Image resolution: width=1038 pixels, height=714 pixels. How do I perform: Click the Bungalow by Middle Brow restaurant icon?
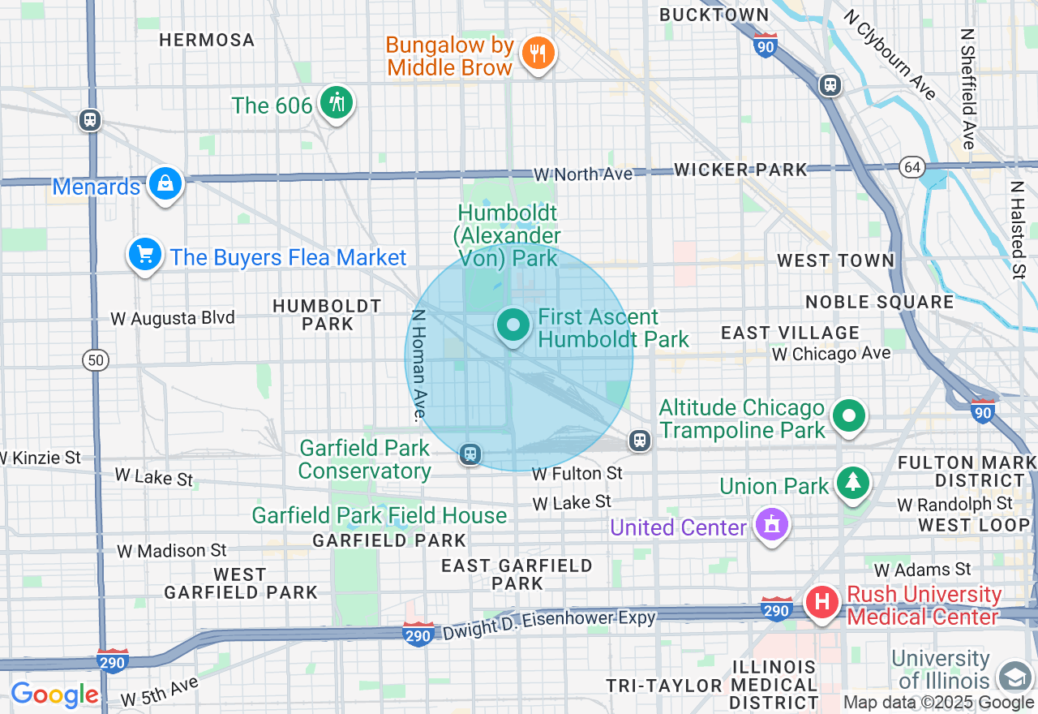pos(537,54)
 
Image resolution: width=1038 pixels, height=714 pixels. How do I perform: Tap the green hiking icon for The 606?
pos(336,103)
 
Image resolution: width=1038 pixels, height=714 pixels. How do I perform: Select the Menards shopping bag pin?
pos(165,184)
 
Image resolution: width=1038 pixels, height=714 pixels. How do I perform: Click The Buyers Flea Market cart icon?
pos(145,255)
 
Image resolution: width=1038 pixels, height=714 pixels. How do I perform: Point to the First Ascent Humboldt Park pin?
pos(513,326)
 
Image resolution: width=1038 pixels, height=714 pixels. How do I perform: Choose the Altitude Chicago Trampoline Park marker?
pos(849,417)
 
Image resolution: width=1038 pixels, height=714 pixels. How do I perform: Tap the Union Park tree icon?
pos(852,484)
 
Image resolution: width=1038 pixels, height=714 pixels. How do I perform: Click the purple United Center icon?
pos(772,526)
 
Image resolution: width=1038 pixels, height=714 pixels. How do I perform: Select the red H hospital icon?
pos(822,603)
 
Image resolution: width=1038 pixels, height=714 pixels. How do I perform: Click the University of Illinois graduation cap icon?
pos(1014,677)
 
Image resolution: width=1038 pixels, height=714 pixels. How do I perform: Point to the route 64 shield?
pos(912,167)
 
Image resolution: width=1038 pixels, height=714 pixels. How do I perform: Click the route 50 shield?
pos(96,359)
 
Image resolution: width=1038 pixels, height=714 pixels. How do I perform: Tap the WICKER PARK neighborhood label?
pos(740,170)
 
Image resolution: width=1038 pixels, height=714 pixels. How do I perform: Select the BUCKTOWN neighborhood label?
pos(714,15)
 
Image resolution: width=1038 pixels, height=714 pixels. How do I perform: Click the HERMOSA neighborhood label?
pos(207,40)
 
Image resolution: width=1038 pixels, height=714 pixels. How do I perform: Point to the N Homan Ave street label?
pos(419,365)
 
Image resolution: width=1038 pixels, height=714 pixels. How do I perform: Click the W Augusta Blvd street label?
pos(173,318)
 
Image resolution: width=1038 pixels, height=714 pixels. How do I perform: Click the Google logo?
pos(54,695)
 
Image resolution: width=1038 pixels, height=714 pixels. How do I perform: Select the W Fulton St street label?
pos(577,473)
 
